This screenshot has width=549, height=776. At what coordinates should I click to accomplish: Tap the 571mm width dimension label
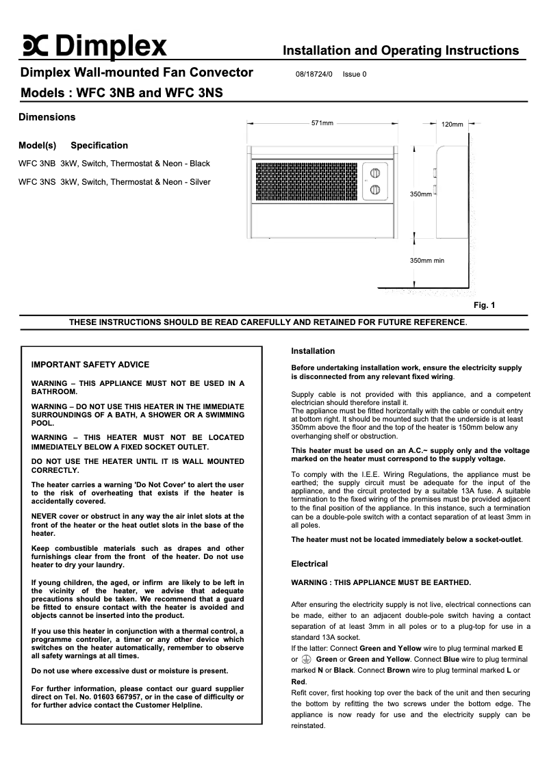coord(322,123)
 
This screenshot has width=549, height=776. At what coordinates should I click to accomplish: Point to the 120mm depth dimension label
coord(452,125)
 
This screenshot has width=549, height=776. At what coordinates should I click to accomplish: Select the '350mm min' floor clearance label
coord(426,260)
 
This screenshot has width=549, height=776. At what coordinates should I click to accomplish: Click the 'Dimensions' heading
coord(47,117)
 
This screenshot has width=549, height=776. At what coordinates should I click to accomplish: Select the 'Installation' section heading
coord(313,351)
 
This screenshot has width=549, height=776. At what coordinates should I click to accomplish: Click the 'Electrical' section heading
coord(309,564)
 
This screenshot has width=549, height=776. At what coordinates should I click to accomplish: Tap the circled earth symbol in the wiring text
coord(306,659)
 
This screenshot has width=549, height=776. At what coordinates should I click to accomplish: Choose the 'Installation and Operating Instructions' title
coord(400,51)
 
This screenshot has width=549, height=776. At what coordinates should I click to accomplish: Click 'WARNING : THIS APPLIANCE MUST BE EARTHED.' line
coord(381,582)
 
